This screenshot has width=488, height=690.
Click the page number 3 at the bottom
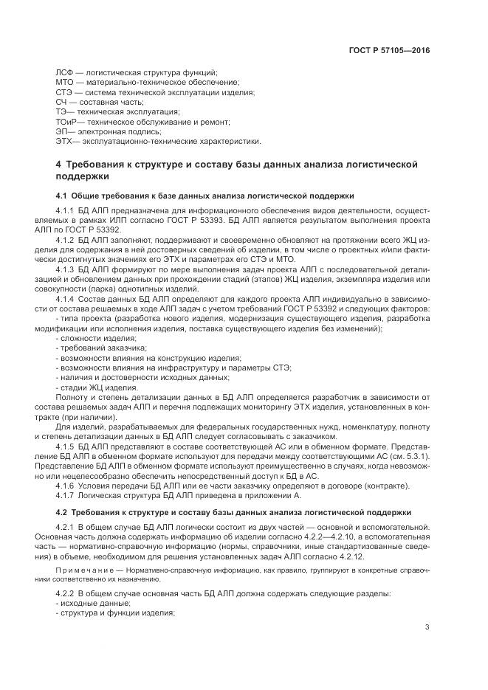[x=427, y=627]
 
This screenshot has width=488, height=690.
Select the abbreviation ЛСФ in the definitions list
[x=65, y=72]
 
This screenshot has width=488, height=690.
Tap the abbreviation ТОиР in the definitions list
[x=67, y=121]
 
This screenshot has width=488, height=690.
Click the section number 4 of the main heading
[x=59, y=164]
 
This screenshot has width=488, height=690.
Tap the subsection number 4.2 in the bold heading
[x=62, y=511]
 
